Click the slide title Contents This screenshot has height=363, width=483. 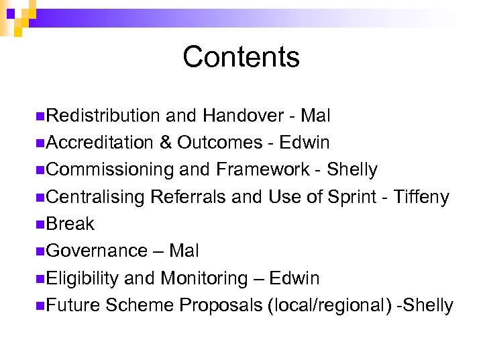pos(241,57)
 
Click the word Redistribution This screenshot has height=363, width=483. pos(103,116)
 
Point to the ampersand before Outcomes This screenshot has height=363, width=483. pos(166,143)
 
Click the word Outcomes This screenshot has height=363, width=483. pos(220,143)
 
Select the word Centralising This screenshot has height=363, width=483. pos(97,197)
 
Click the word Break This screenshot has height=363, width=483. pos(70,224)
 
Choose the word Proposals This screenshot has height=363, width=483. pos(221,305)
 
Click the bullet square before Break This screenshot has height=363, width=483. pos(42,224)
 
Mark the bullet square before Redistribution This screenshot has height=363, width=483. pos(42,116)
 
